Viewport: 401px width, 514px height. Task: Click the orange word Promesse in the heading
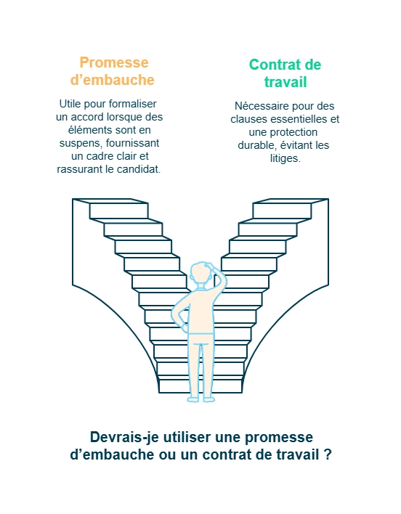coord(114,62)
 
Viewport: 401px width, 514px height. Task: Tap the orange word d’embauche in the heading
coord(112,80)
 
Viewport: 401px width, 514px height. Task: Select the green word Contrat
coord(274,65)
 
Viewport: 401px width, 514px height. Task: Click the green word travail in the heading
coord(285,82)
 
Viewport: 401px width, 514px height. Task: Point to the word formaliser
coord(132,104)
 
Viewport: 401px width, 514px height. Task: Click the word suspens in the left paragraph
coord(81,143)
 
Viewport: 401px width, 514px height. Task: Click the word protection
coord(293,132)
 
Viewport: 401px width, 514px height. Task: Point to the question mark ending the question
coord(328,454)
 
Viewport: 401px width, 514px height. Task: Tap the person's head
coord(200,274)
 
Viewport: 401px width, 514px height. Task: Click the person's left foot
coord(193,399)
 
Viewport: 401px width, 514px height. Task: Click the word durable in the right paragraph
coord(257,145)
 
